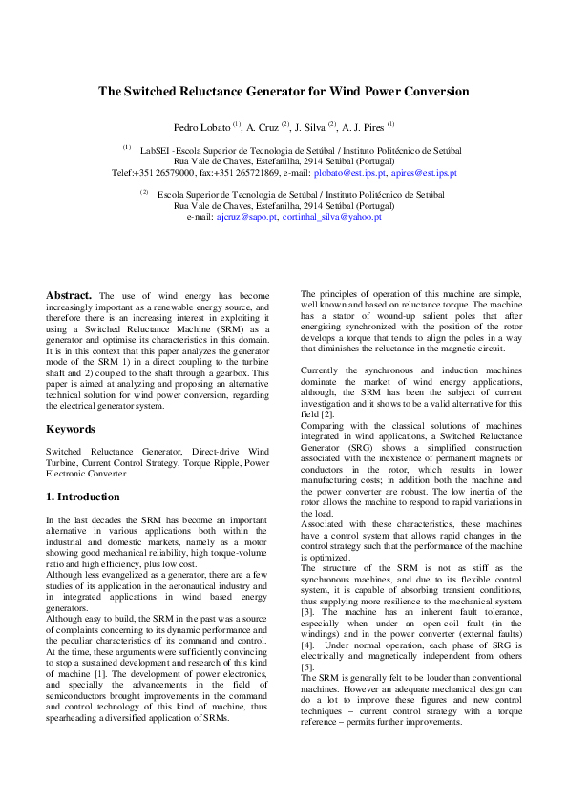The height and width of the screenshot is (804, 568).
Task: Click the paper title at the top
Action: pyautogui.click(x=284, y=92)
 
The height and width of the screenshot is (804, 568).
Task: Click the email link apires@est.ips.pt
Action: pyautogui.click(x=424, y=173)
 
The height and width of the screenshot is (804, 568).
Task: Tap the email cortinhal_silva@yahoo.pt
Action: pyautogui.click(x=332, y=217)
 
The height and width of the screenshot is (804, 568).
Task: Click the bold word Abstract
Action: pyautogui.click(x=69, y=295)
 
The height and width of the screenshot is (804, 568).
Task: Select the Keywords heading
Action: pyautogui.click(x=70, y=429)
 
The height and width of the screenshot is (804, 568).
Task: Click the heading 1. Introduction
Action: pyautogui.click(x=83, y=497)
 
